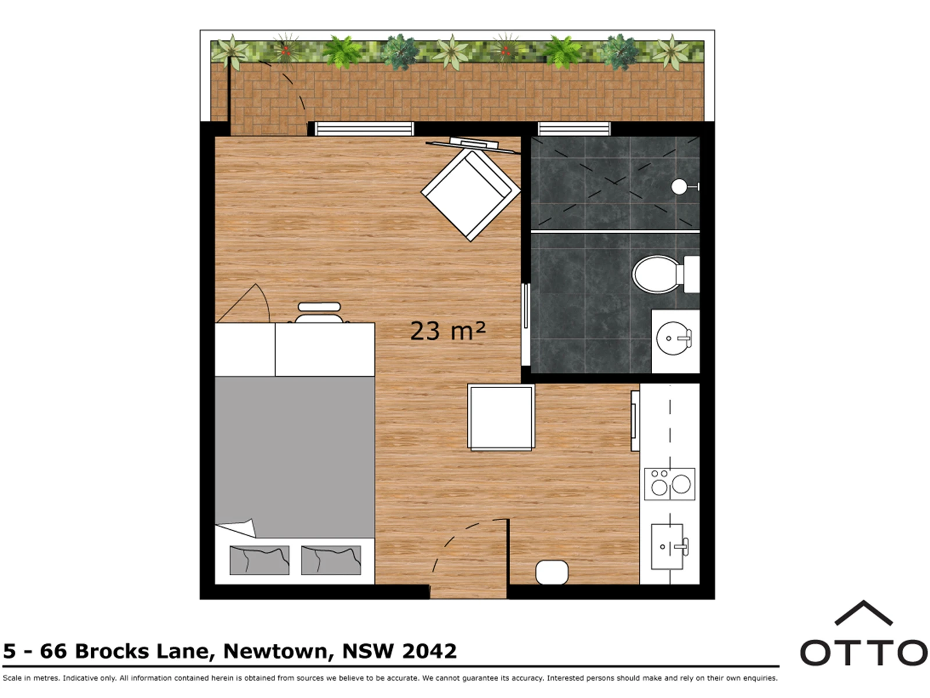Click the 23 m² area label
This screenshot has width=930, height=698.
click(448, 331)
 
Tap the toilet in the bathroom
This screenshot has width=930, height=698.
click(665, 274)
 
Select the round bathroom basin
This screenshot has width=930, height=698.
click(674, 339)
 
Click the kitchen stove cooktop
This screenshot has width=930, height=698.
click(670, 483)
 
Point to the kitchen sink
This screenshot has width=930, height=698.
click(669, 547)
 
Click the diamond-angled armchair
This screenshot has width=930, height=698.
click(471, 194)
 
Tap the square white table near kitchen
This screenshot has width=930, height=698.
click(501, 417)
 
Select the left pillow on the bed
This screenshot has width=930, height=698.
click(259, 560)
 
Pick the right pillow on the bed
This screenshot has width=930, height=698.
click(331, 560)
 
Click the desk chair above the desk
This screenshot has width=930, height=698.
click(319, 313)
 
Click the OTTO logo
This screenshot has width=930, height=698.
click(864, 633)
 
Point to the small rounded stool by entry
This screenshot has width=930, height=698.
click(552, 572)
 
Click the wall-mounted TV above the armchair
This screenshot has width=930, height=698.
click(473, 145)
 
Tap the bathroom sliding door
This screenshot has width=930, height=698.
click(526, 324)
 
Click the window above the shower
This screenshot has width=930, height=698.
click(574, 129)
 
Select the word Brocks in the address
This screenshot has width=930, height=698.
click(112, 651)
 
